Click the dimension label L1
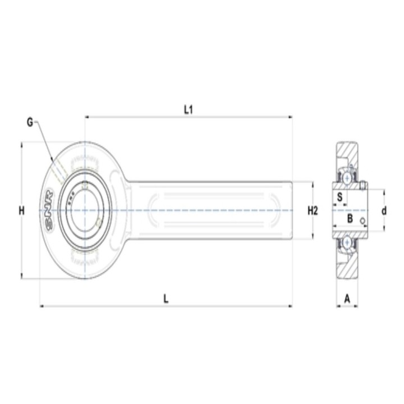[189, 110]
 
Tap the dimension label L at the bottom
[166, 299]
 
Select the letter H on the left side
[22, 211]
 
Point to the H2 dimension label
[313, 211]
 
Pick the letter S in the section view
[340, 197]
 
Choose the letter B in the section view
[350, 219]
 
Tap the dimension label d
[384, 211]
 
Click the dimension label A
[347, 299]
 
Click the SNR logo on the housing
[49, 209]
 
